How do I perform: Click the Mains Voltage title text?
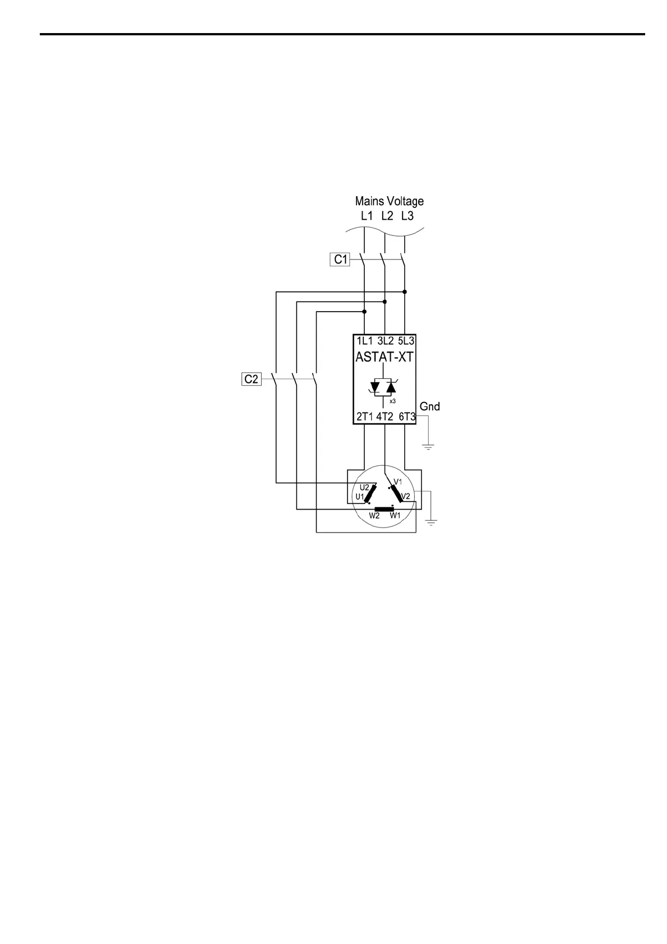pyautogui.click(x=389, y=201)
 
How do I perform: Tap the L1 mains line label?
pyautogui.click(x=367, y=216)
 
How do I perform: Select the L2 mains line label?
pyautogui.click(x=387, y=216)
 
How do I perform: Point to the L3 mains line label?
pyautogui.click(x=407, y=216)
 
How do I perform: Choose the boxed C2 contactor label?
pyautogui.click(x=251, y=379)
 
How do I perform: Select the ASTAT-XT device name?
pyautogui.click(x=385, y=357)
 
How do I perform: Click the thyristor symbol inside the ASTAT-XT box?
pyautogui.click(x=383, y=387)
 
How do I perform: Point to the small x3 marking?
pyautogui.click(x=392, y=401)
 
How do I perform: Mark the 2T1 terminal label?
pyautogui.click(x=365, y=417)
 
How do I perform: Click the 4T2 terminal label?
pyautogui.click(x=385, y=417)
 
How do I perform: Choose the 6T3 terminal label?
pyautogui.click(x=406, y=417)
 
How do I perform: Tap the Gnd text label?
pyautogui.click(x=429, y=406)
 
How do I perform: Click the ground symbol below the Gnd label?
pyautogui.click(x=428, y=447)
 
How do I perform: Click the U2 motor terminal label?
pyautogui.click(x=364, y=487)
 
